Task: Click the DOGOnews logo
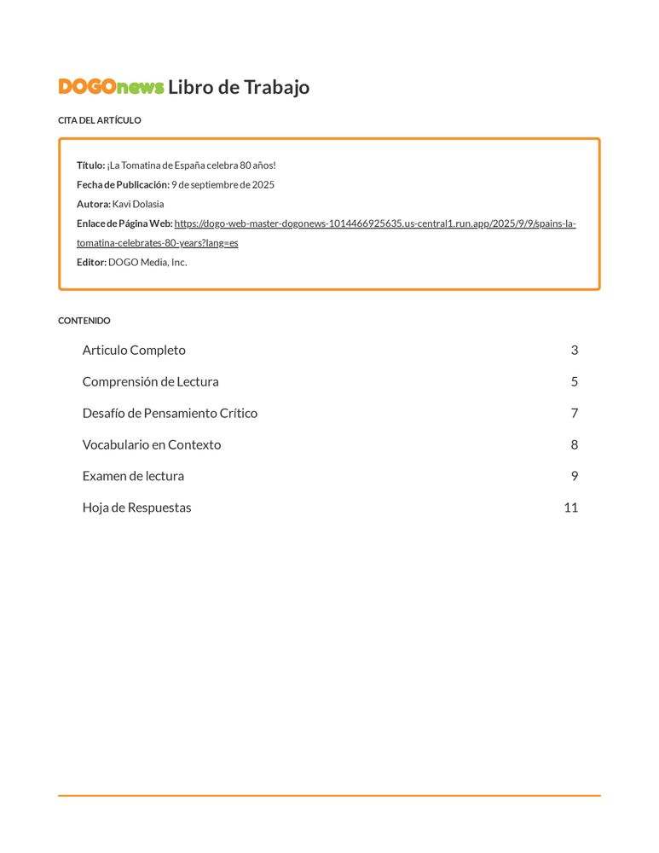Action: (111, 87)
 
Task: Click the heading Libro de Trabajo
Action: (239, 87)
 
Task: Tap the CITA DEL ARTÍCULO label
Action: (100, 120)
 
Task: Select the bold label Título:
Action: (90, 165)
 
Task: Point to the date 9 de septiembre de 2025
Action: (223, 184)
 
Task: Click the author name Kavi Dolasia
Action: (138, 204)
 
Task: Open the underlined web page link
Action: (375, 223)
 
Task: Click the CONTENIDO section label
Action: (84, 321)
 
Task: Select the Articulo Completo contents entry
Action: (134, 350)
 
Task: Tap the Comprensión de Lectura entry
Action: (150, 381)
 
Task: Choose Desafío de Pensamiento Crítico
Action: (170, 413)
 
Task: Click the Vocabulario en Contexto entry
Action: (152, 444)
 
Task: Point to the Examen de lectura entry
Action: (133, 476)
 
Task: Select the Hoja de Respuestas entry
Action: (136, 508)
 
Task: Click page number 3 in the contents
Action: (575, 350)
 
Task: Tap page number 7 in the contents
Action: (575, 413)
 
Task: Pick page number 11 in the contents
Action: (571, 508)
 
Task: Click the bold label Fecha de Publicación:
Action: (123, 184)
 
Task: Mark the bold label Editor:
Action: (91, 262)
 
